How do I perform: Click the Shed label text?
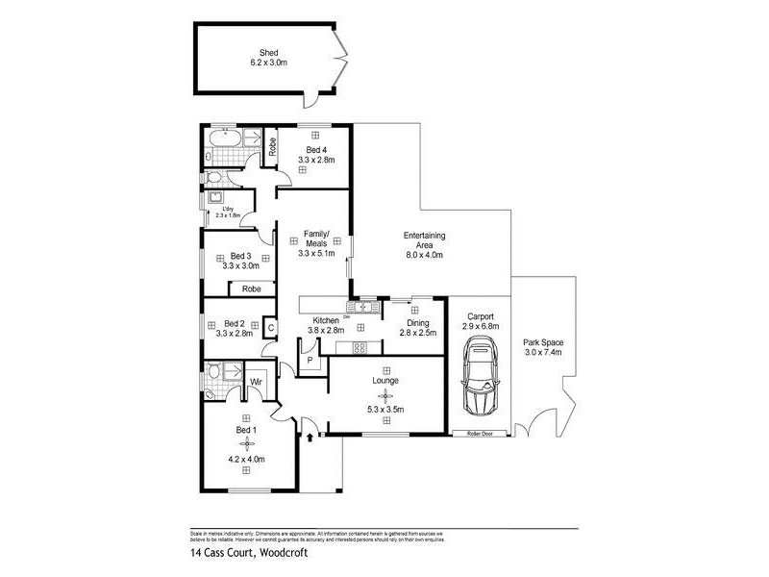(268, 53)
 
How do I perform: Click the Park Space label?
(543, 342)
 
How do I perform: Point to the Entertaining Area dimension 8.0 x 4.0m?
(423, 257)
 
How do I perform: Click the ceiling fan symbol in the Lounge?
(384, 395)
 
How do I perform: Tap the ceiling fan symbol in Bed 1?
(247, 443)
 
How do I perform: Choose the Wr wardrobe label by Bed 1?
(257, 383)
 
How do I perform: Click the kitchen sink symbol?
(364, 307)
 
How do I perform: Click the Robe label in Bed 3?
(252, 288)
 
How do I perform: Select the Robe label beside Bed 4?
(273, 147)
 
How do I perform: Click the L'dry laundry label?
(228, 210)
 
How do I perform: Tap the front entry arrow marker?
(310, 437)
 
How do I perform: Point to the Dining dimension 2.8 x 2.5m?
(417, 333)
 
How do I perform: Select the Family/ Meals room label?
(316, 239)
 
